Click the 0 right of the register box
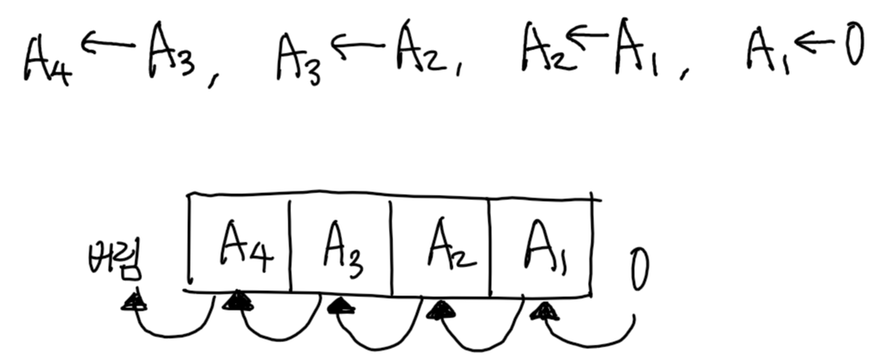pyautogui.click(x=639, y=270)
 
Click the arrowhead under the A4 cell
pyautogui.click(x=238, y=300)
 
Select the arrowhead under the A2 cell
pyautogui.click(x=440, y=309)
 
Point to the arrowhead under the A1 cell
pyautogui.click(x=541, y=311)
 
